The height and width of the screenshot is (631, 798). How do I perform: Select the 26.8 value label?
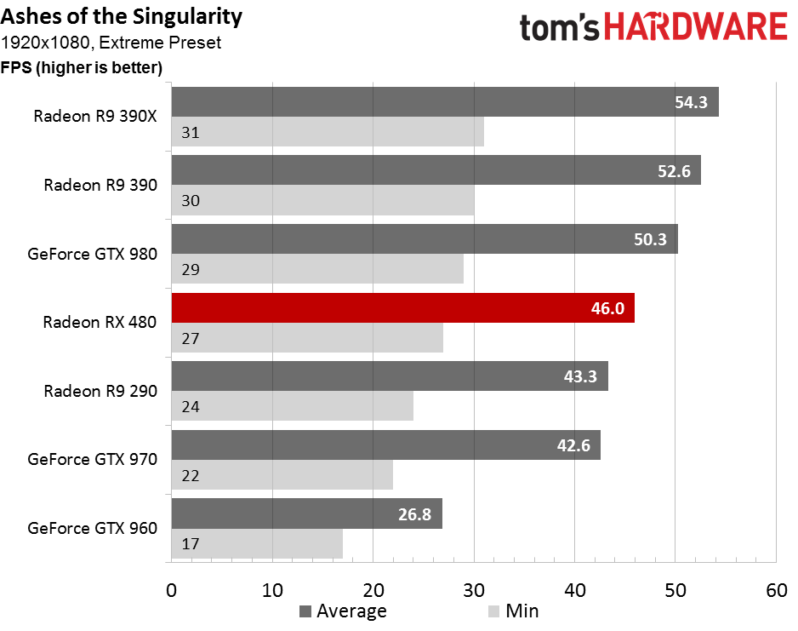click(415, 514)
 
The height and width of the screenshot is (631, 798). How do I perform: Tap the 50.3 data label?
click(651, 240)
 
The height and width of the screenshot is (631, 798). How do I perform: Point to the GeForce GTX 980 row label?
click(92, 254)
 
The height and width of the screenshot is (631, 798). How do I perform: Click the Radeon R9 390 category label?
click(100, 185)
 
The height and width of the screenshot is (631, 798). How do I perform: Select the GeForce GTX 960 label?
click(92, 528)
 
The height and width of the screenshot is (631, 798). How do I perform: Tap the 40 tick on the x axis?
click(574, 588)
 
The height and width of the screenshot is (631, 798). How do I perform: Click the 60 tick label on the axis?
click(776, 588)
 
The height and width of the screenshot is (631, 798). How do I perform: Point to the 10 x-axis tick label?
click(272, 588)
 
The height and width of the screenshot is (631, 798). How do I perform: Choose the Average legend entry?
click(343, 611)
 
